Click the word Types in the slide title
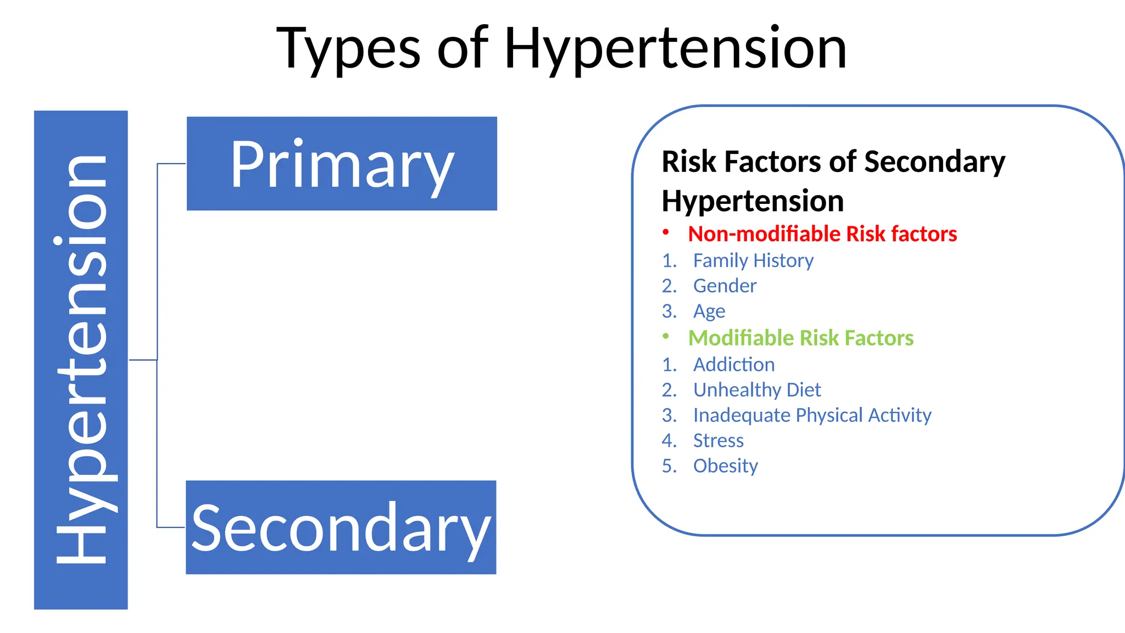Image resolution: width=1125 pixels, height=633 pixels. pyautogui.click(x=348, y=49)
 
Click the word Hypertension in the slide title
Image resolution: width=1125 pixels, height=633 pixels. pyautogui.click(x=675, y=49)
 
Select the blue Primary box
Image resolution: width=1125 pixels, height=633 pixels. pyautogui.click(x=342, y=164)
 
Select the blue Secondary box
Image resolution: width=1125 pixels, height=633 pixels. pyautogui.click(x=341, y=527)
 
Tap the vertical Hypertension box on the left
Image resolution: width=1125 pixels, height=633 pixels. pyautogui.click(x=81, y=360)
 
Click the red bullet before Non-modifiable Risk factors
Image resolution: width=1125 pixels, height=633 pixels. pyautogui.click(x=666, y=232)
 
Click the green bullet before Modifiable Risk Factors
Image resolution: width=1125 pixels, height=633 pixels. pyautogui.click(x=666, y=336)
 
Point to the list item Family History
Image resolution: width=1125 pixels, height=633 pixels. pyautogui.click(x=753, y=260)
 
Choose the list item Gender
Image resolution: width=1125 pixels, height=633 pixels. pyautogui.click(x=725, y=286)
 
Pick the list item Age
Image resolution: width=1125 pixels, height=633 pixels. pyautogui.click(x=709, y=312)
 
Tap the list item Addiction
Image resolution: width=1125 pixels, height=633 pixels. pyautogui.click(x=734, y=364)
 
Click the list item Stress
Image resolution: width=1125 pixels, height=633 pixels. pyautogui.click(x=718, y=441)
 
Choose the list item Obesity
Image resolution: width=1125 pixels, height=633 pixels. pyautogui.click(x=725, y=466)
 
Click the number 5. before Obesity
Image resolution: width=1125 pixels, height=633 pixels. pyautogui.click(x=669, y=466)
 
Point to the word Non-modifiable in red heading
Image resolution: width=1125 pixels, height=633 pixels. pyautogui.click(x=764, y=234)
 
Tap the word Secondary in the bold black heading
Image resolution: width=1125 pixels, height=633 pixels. pyautogui.click(x=934, y=162)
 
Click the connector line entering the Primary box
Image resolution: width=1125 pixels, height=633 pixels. pyautogui.click(x=171, y=164)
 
